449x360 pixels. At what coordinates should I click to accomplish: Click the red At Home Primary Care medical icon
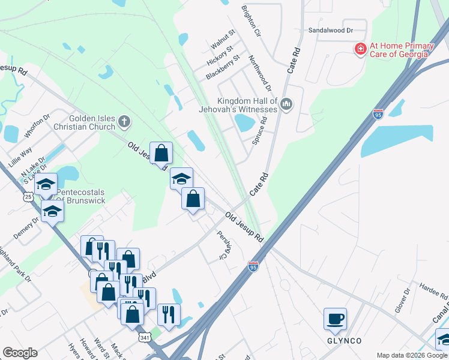pos(361,49)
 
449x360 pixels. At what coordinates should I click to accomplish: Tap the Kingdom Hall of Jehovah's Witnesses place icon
pos(286,105)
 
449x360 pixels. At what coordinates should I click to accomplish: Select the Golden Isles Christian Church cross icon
pos(124,122)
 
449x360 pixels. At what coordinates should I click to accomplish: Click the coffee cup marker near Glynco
pos(335,319)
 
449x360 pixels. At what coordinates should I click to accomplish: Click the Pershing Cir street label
pos(223,245)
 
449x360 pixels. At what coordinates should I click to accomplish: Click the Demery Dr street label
pos(26,228)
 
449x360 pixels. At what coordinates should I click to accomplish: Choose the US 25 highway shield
pos(28,196)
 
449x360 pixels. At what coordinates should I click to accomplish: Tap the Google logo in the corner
pos(20,353)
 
